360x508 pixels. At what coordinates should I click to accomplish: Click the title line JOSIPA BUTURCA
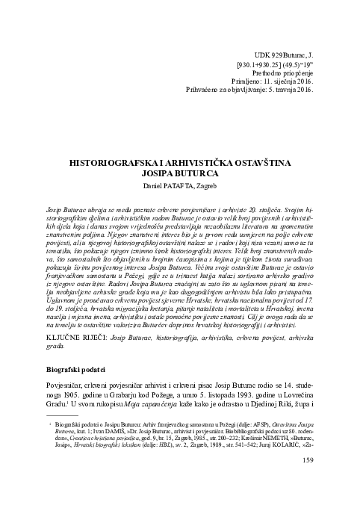pyautogui.click(x=180, y=173)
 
